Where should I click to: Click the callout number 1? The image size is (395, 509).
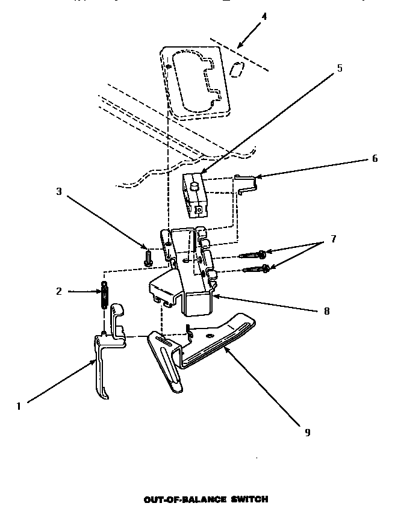tap(19, 406)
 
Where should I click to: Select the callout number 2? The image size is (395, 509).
tap(58, 292)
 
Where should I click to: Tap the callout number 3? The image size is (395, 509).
tap(58, 192)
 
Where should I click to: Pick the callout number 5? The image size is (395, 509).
tap(339, 68)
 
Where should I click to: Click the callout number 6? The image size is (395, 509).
tap(374, 159)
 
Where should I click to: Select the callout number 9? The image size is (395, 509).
tap(308, 433)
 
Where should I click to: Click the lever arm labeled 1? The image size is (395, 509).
tap(101, 367)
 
